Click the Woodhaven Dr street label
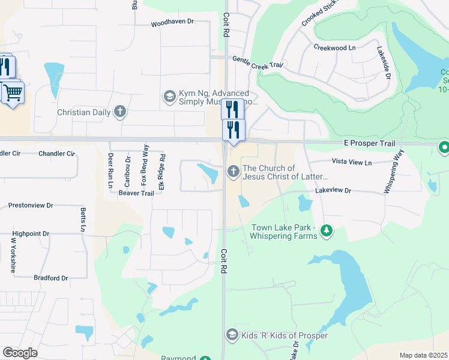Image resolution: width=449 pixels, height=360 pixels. point(172,22)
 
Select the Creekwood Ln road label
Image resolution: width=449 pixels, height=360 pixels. point(334,47)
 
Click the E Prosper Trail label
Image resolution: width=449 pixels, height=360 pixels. point(369,144)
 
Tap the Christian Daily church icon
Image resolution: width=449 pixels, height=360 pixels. point(120,112)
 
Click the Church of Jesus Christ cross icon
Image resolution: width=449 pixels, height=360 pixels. point(233,172)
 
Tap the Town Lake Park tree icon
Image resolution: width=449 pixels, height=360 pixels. point(326,231)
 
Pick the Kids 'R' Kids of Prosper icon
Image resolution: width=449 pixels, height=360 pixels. point(232,335)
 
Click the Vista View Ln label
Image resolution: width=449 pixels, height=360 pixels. point(351,163)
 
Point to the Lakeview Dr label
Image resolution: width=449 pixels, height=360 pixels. point(333,190)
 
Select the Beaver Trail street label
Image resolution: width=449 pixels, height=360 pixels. point(136,193)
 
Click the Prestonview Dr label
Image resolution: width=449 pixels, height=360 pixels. point(31,206)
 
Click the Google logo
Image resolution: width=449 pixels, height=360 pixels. point(20,352)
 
